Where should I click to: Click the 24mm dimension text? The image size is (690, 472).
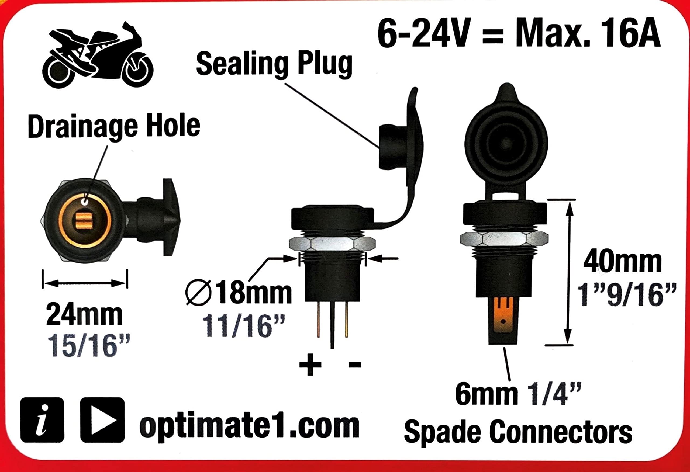(x=84, y=315)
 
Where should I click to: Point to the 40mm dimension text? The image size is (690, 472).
(x=623, y=262)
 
